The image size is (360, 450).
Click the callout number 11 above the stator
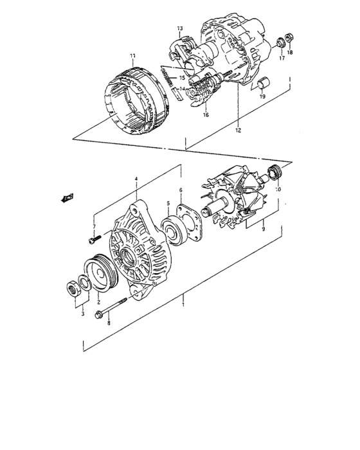point(132,55)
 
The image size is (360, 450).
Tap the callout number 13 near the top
point(180,29)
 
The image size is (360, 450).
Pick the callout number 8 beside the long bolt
point(108,323)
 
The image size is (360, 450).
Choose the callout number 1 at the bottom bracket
point(184,298)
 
